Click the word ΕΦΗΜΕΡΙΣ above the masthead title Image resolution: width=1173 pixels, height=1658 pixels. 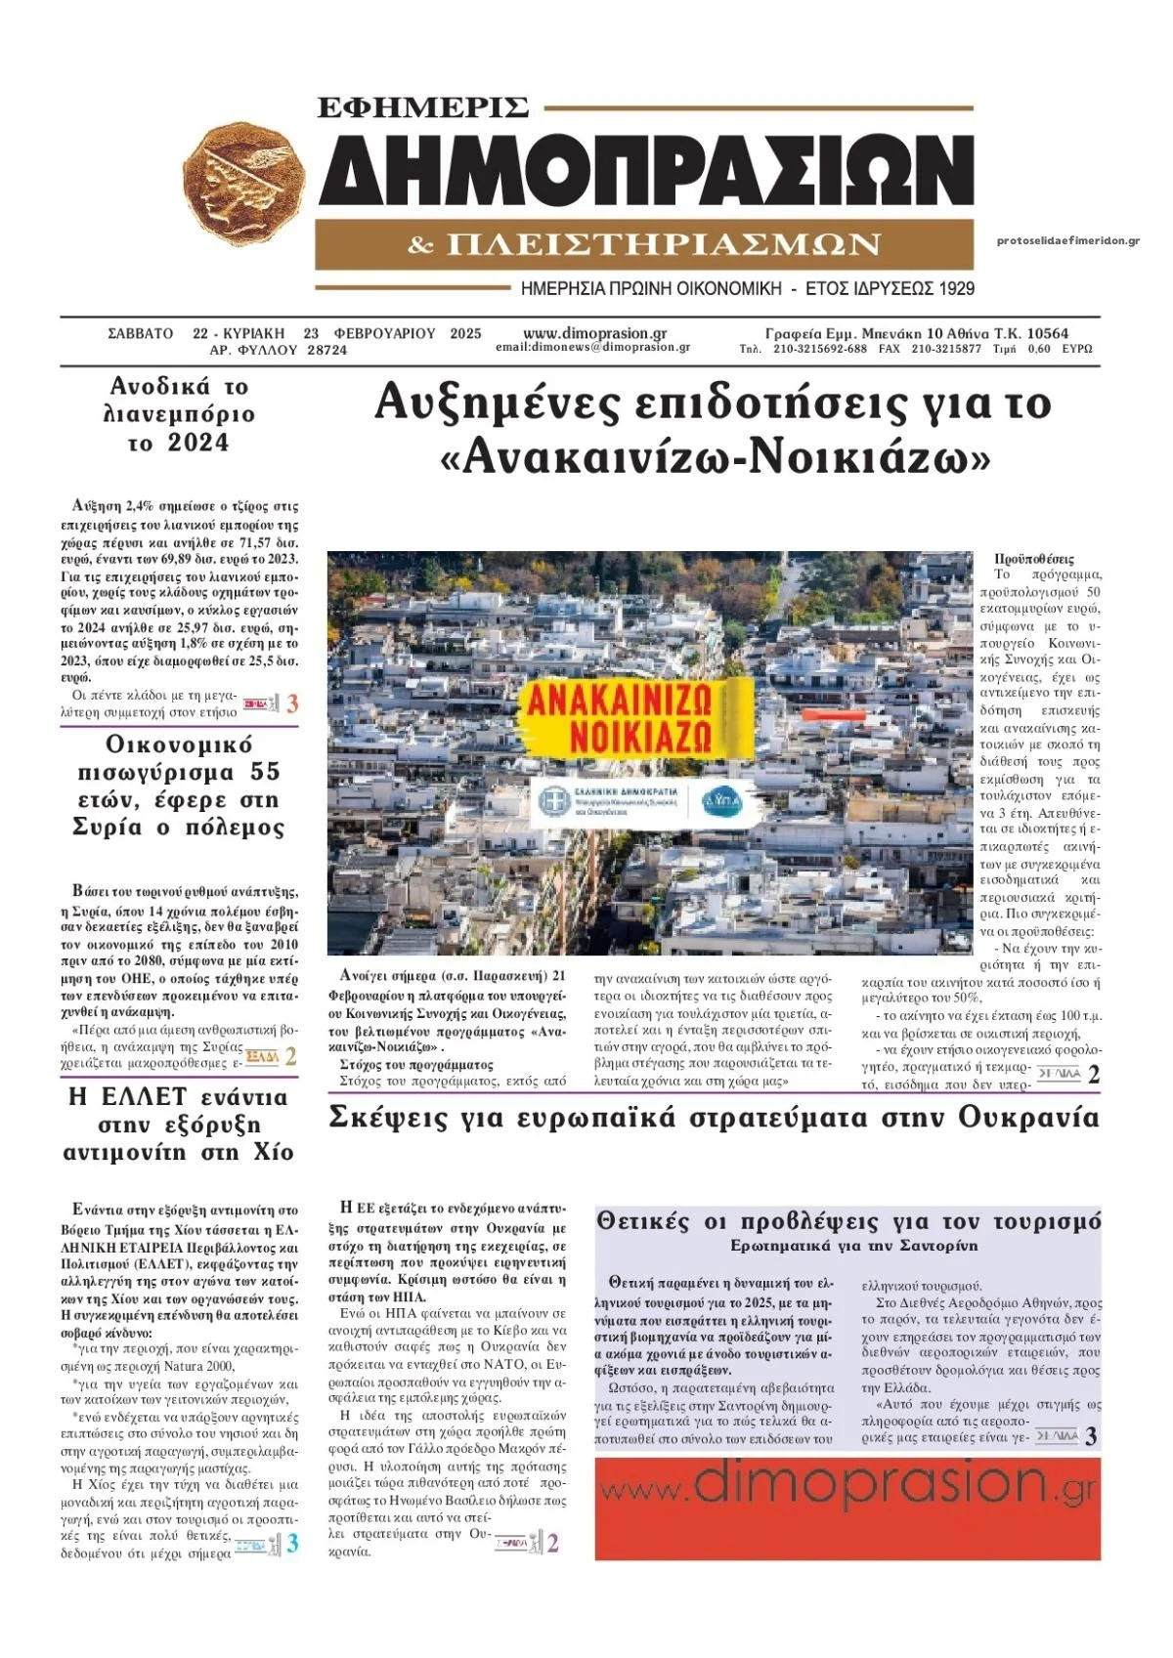[x=423, y=106]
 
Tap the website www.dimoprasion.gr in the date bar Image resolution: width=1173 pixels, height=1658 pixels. [x=594, y=333]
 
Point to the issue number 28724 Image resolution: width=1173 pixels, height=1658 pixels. [x=326, y=350]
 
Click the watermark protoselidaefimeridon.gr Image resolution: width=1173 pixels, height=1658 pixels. [x=1067, y=241]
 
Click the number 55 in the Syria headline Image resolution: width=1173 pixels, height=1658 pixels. [x=265, y=772]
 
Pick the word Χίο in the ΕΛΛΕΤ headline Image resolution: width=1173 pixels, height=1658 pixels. [x=273, y=1152]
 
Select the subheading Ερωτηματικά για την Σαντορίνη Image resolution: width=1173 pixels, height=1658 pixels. [x=853, y=1246]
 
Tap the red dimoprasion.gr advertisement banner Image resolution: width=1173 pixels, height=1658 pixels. [x=847, y=1509]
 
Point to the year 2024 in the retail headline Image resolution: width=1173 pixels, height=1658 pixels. [x=198, y=443]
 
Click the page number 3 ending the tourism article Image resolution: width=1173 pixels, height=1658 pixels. [x=1091, y=1436]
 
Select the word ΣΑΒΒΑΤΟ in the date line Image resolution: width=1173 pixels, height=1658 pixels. [x=140, y=333]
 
